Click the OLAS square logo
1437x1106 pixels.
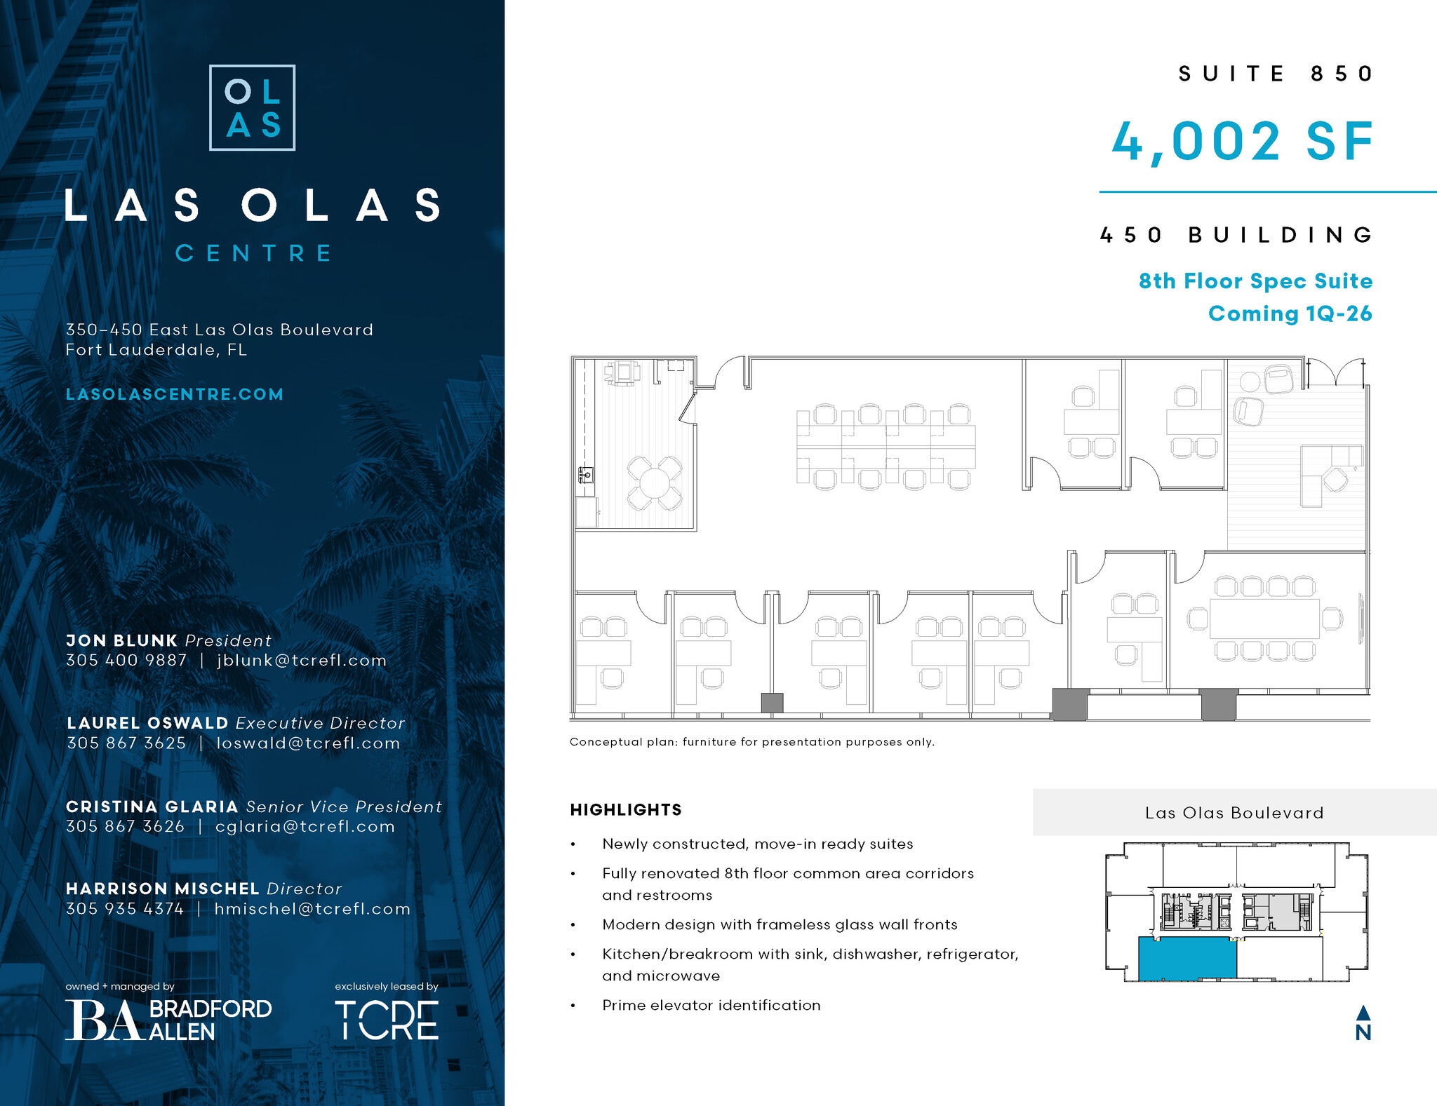coord(252,108)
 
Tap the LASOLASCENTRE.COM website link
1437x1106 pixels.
coord(175,394)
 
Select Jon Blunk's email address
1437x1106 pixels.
coord(302,661)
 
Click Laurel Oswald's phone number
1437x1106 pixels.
coord(126,743)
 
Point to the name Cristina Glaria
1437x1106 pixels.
coord(152,807)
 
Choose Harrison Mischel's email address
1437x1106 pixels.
coord(312,909)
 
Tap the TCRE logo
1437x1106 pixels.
coord(387,1020)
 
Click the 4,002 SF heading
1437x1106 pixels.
coord(1242,142)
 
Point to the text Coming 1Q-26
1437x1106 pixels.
coord(1290,313)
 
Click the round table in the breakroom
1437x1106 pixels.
coord(654,483)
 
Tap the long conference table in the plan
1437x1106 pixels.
coord(1264,619)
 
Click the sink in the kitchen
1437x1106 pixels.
coord(586,476)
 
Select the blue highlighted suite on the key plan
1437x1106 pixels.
coord(1187,959)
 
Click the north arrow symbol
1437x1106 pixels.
coord(1363,1023)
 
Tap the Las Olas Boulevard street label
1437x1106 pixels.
coord(1234,813)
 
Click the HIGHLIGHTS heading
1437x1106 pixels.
coord(626,810)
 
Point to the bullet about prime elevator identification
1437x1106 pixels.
coord(711,1005)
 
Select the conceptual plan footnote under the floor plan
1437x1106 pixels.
coord(751,742)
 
